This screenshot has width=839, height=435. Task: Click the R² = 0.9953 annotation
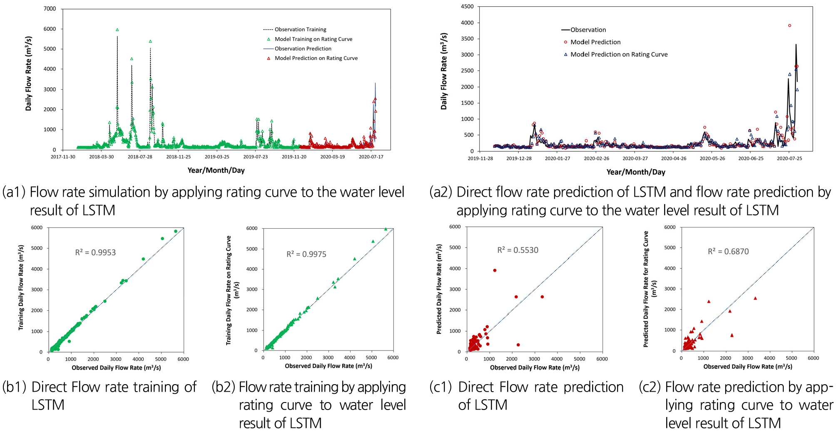point(95,252)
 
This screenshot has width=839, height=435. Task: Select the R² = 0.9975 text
point(306,254)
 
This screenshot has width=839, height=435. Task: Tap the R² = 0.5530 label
point(518,250)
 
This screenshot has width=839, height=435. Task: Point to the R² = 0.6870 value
point(728,252)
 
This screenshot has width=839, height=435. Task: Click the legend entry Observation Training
point(300,30)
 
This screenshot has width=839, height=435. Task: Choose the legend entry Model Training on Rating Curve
point(313,39)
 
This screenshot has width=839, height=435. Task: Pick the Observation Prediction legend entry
point(303,49)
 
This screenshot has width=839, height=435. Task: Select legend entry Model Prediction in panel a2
point(595,42)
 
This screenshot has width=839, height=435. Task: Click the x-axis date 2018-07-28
point(140,157)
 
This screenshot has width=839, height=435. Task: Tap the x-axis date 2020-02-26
point(596,158)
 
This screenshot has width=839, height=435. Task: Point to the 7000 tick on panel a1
point(50,9)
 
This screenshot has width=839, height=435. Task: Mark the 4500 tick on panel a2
point(467,7)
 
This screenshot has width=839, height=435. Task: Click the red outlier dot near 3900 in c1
point(495,270)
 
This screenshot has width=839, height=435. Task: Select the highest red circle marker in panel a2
point(789,26)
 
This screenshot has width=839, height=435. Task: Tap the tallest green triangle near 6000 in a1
point(117,30)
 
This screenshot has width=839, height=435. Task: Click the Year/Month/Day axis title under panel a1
point(216,170)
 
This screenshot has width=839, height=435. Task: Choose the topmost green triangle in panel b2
point(386,229)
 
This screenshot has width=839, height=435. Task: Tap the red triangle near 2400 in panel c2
point(709,301)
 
